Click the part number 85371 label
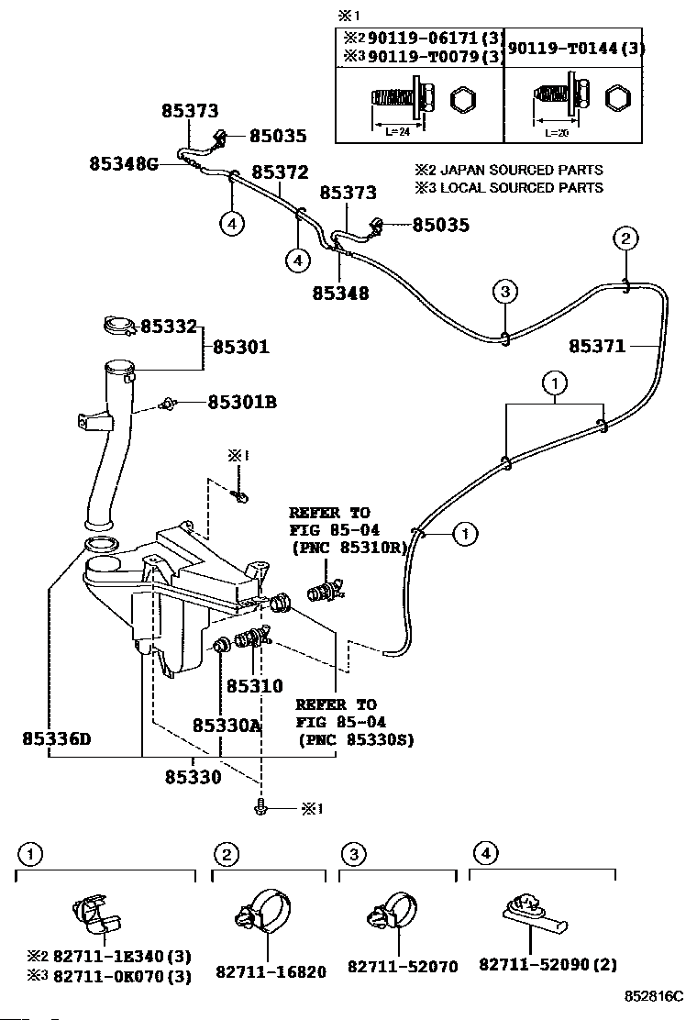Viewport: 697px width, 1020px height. (597, 346)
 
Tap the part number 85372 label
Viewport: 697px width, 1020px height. (280, 172)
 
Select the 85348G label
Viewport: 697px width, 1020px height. (124, 163)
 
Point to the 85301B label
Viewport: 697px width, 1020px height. (242, 402)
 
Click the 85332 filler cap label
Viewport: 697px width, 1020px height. (169, 326)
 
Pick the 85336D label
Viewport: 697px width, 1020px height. (57, 739)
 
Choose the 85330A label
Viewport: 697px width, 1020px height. (227, 725)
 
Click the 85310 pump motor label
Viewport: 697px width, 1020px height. (254, 685)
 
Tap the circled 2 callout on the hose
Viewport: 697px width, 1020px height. (625, 238)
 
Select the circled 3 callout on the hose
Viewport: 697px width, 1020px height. (505, 292)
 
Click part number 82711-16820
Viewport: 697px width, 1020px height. (271, 972)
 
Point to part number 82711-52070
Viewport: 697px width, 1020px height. (403, 967)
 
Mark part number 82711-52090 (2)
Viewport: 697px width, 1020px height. (548, 964)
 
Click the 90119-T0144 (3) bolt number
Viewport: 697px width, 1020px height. (576, 48)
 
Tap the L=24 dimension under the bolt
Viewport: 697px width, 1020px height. (397, 131)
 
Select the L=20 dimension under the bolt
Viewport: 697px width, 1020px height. (557, 133)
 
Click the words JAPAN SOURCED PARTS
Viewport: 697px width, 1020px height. (522, 170)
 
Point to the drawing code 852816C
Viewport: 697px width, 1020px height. (653, 996)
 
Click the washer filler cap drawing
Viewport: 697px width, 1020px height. (119, 325)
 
